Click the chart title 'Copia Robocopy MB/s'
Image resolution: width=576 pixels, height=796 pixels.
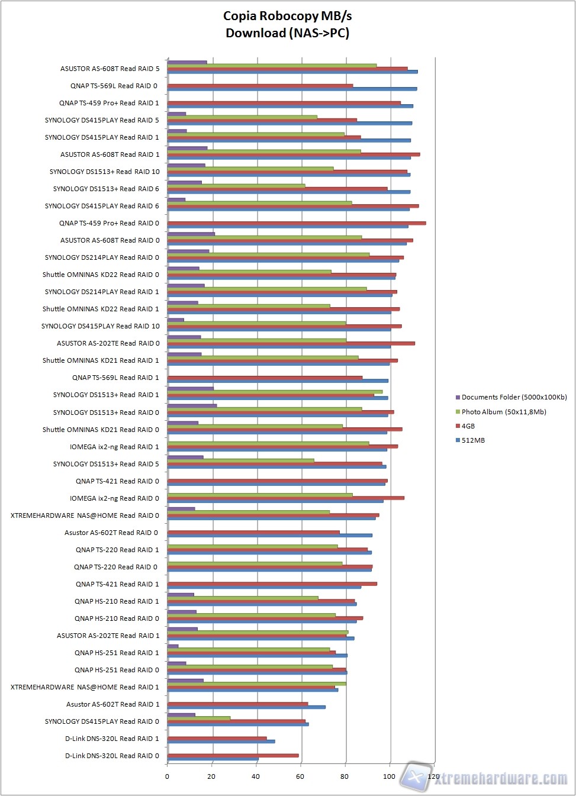(x=287, y=16)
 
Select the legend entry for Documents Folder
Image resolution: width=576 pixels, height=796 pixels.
(x=513, y=397)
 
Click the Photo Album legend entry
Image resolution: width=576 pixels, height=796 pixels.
(x=503, y=412)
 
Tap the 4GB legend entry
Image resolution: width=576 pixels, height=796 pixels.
(x=468, y=426)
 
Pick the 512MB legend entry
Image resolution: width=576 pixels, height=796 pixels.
(x=472, y=440)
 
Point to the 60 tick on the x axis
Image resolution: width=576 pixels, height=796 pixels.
(x=300, y=776)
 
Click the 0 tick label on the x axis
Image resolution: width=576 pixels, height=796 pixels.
(x=167, y=776)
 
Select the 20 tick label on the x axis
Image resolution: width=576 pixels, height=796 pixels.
(x=211, y=776)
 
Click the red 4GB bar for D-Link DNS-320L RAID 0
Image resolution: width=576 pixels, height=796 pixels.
(x=233, y=755)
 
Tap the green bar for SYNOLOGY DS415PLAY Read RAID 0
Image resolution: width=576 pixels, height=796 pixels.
(x=199, y=718)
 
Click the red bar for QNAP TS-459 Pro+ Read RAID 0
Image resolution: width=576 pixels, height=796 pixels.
(x=296, y=223)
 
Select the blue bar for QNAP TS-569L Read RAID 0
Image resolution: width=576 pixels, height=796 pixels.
(x=292, y=89)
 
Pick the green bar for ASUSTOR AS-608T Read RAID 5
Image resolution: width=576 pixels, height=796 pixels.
(x=272, y=65)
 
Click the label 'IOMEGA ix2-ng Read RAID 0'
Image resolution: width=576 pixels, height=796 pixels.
(x=114, y=498)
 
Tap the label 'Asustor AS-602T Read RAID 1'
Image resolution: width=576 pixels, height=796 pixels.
(x=112, y=704)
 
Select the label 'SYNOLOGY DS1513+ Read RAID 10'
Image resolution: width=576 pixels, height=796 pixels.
(x=104, y=172)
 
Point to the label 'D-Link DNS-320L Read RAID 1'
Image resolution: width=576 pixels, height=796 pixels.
(x=112, y=739)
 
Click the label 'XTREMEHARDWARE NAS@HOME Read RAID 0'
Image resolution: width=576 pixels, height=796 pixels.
(x=85, y=515)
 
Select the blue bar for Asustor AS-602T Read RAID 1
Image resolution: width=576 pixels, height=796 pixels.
(x=246, y=707)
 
